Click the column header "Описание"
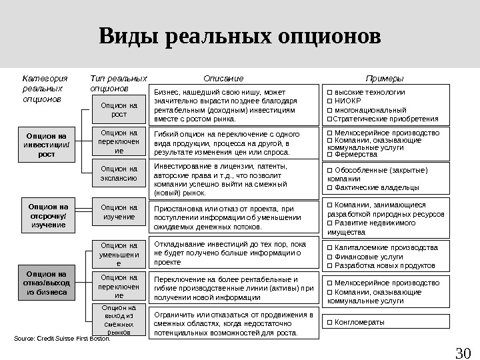click(223, 78)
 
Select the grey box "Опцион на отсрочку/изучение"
click(46, 216)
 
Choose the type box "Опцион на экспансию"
click(119, 173)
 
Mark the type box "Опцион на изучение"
click(119, 212)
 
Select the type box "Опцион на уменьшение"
click(119, 255)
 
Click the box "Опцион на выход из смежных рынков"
click(119, 319)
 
